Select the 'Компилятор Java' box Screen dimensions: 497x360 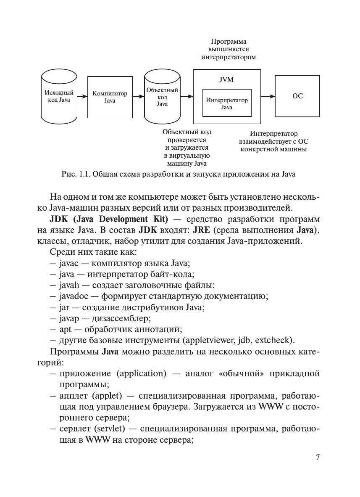pyautogui.click(x=110, y=97)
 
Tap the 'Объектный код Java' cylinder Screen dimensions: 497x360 pyautogui.click(x=162, y=97)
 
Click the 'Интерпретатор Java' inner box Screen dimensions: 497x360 pyautogui.click(x=227, y=103)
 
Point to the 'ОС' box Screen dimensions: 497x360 pyautogui.click(x=297, y=96)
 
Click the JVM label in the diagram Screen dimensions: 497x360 pyautogui.click(x=227, y=80)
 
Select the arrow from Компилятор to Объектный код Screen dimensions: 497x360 pyautogui.click(x=138, y=97)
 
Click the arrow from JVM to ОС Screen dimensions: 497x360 pyautogui.click(x=268, y=96)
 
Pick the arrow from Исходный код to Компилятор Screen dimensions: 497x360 pyautogui.click(x=82, y=97)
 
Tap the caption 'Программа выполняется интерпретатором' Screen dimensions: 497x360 pyautogui.click(x=229, y=49)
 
